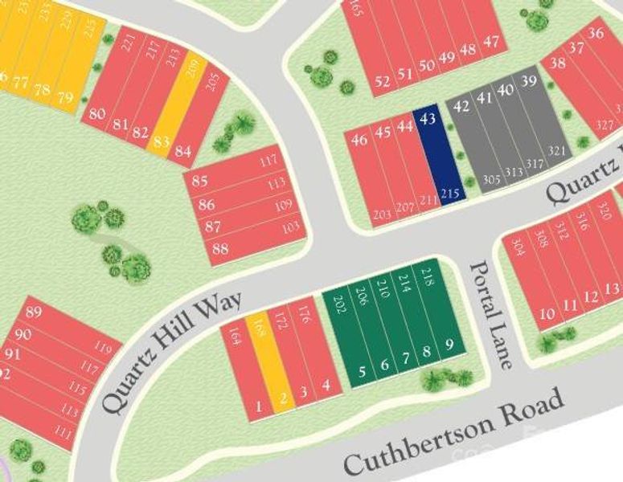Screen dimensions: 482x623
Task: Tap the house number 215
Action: pyautogui.click(x=450, y=193)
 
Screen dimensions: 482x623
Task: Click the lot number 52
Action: pyautogui.click(x=383, y=80)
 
